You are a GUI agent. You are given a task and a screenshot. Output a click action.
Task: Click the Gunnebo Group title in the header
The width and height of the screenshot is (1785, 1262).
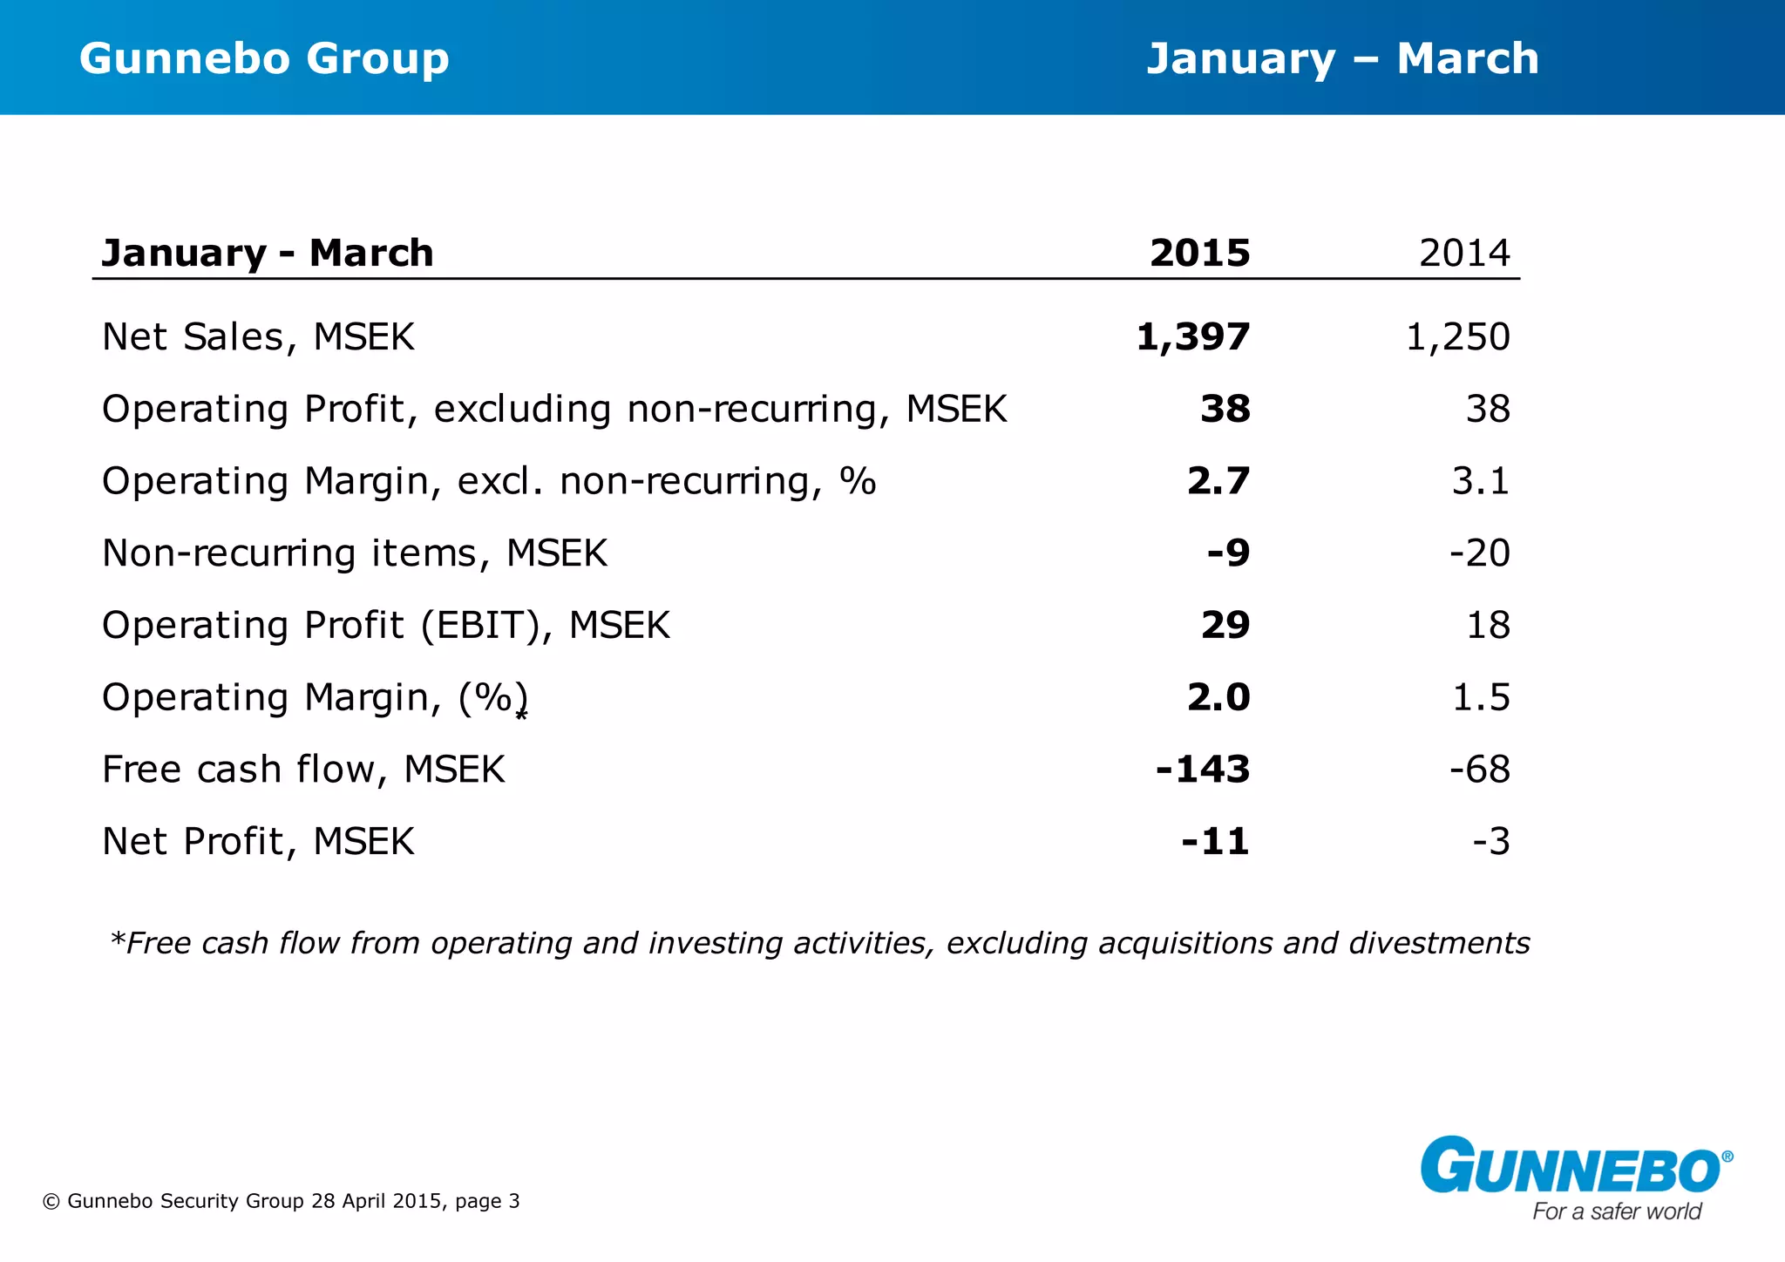(x=264, y=59)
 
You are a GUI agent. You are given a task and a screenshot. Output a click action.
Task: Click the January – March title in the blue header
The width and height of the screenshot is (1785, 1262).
(x=1342, y=59)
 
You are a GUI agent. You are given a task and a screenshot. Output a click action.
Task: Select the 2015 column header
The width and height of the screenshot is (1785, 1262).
(x=1199, y=253)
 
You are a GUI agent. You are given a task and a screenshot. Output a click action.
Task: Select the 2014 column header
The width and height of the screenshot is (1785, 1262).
(x=1464, y=253)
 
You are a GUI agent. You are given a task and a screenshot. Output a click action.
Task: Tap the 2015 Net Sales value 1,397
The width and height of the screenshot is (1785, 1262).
(x=1193, y=337)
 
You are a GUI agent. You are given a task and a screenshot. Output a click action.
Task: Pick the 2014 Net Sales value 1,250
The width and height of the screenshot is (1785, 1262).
(x=1457, y=337)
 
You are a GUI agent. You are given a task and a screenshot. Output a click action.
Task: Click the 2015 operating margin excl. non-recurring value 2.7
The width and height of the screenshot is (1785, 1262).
(x=1218, y=481)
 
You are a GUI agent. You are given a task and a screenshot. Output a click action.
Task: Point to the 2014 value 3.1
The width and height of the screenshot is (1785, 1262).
(x=1480, y=481)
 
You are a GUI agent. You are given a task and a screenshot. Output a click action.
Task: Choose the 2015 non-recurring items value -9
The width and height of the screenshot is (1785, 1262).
(x=1228, y=553)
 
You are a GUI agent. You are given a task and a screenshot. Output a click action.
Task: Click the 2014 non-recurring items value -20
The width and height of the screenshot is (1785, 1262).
(x=1479, y=553)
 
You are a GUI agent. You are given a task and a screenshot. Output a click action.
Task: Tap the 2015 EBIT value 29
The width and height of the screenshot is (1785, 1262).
(x=1225, y=625)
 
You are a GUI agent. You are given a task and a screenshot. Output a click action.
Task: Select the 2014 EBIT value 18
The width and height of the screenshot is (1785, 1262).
(x=1488, y=625)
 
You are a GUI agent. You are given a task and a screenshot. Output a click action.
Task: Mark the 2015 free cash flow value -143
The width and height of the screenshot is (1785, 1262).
(x=1203, y=770)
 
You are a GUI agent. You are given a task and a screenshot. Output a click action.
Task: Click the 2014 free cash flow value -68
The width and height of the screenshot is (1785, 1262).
(x=1479, y=770)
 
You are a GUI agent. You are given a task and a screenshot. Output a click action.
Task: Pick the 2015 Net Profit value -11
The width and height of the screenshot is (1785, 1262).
(x=1215, y=842)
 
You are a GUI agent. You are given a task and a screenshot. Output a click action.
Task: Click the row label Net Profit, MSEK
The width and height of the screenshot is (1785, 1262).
(x=258, y=842)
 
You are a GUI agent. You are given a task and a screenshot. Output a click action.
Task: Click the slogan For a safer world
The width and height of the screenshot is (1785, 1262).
(x=1617, y=1211)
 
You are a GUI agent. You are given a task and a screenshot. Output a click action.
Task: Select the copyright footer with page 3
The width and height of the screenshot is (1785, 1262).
(x=281, y=1201)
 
